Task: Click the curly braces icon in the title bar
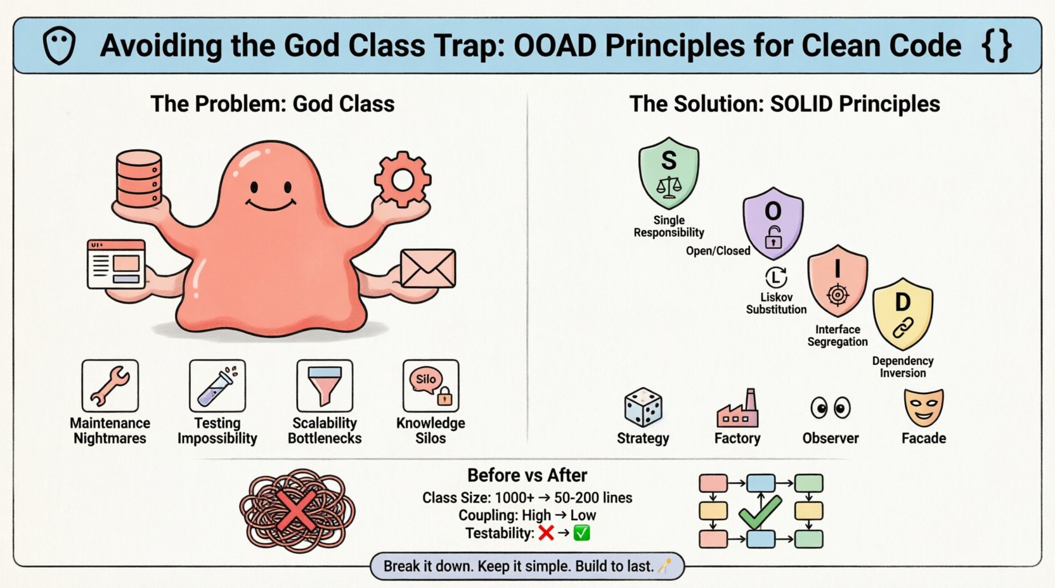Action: click(x=996, y=46)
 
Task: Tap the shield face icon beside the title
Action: click(x=59, y=46)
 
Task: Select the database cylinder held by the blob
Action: click(x=139, y=179)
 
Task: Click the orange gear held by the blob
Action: click(x=403, y=179)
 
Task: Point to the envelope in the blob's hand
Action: click(x=428, y=268)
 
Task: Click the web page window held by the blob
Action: click(x=117, y=264)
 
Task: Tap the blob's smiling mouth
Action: click(x=271, y=205)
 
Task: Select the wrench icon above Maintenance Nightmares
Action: click(x=110, y=386)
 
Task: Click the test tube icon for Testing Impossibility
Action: click(x=217, y=386)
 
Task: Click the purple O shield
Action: click(x=773, y=222)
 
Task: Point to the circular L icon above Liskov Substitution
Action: click(x=776, y=278)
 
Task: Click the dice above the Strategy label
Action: click(x=643, y=407)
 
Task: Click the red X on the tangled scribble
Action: click(x=297, y=511)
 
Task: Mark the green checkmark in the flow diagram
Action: click(x=760, y=512)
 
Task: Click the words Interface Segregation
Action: click(x=838, y=336)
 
